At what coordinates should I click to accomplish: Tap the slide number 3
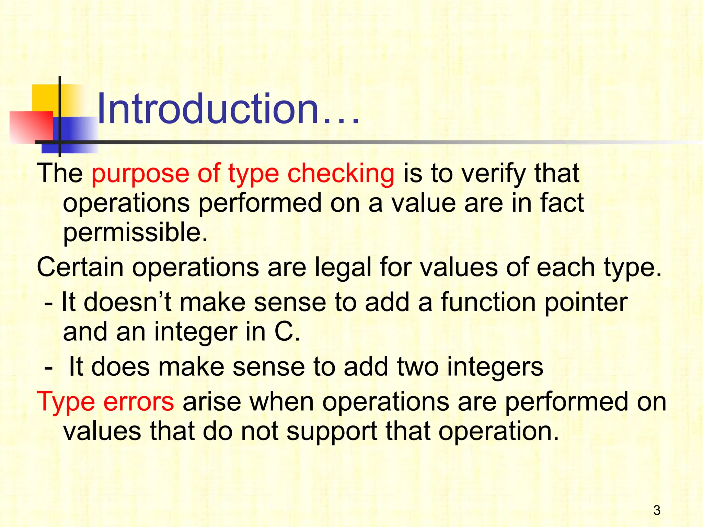coord(657,511)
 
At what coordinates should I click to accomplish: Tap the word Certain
coord(80,267)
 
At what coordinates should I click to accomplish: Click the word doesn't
coord(127,302)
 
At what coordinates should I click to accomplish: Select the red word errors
coord(139,401)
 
